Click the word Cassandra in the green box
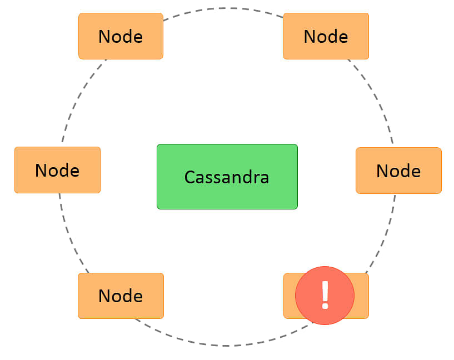point(227,177)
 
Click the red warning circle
point(325,296)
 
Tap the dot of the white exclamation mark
point(325,306)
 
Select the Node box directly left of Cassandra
point(58,170)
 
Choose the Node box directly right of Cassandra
point(398,171)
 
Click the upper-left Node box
point(121,36)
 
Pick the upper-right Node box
point(326,36)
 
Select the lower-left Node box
point(121,296)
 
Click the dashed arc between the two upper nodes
point(223,8)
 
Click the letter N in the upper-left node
point(104,37)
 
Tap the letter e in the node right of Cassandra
point(415,172)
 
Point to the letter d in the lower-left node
point(127,296)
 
